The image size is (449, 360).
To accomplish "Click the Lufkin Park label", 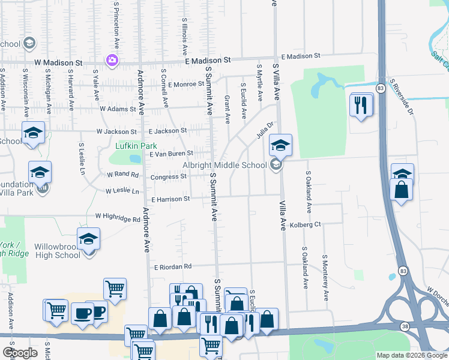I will point(136,146).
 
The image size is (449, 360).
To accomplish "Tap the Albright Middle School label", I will point(224,165).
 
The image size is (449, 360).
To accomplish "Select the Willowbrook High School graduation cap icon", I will point(88,239).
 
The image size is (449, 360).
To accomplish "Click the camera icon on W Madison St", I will point(112,60).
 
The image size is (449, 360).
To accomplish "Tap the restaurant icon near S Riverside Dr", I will point(360,105).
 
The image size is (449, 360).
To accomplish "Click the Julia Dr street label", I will point(265,130).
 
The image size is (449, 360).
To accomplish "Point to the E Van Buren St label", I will point(170,154).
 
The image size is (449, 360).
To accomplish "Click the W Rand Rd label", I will point(122,175).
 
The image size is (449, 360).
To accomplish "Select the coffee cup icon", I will point(82,313).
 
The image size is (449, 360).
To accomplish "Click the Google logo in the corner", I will point(19,352).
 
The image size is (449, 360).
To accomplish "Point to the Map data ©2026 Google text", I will point(412,355).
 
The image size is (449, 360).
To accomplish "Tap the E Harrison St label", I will point(170,199).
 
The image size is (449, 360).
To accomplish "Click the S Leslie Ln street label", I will point(81,158).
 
